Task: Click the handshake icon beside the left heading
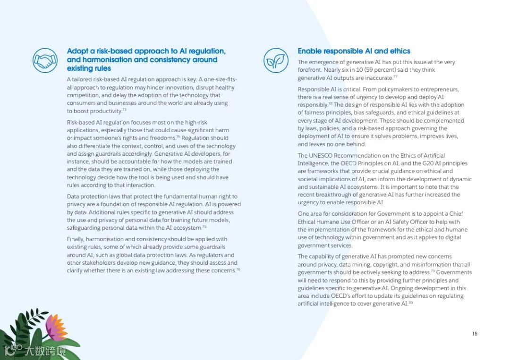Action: click(45, 60)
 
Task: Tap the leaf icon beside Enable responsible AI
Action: click(276, 60)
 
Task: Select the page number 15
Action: click(475, 334)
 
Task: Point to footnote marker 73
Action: click(124, 110)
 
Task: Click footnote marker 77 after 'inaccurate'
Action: click(395, 76)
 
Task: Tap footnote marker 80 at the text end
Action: click(411, 302)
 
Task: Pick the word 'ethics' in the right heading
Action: click(399, 51)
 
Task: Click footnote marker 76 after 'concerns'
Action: click(238, 269)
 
